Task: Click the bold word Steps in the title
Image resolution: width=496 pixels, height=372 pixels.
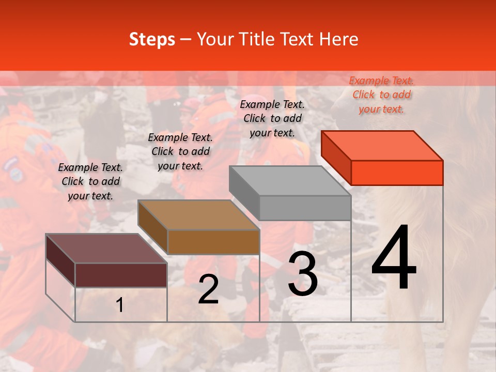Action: (152, 39)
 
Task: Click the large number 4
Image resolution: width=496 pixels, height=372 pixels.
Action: (394, 258)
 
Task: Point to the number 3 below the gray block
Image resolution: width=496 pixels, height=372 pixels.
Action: (302, 274)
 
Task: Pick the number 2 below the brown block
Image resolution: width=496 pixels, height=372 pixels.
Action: (208, 289)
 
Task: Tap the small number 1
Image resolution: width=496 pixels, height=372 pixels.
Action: (119, 305)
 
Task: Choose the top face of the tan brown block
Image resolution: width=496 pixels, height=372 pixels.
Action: (198, 215)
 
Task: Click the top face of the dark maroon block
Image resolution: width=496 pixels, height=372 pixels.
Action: (106, 249)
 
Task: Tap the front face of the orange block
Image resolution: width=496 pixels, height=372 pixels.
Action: (397, 173)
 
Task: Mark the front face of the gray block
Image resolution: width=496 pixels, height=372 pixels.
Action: (305, 208)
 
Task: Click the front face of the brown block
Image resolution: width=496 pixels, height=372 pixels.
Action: (213, 242)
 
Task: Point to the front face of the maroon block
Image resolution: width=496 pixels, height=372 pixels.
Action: (121, 275)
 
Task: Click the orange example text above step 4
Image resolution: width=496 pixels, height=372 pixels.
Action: (381, 95)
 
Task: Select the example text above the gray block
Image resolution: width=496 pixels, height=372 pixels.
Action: (272, 118)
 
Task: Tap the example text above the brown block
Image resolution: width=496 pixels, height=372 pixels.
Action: (180, 151)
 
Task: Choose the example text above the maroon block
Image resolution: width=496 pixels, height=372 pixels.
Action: (90, 181)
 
